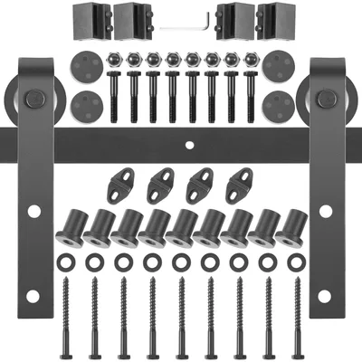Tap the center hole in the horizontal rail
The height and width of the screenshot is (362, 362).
point(188,142)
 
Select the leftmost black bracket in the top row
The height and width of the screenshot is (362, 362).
point(89,21)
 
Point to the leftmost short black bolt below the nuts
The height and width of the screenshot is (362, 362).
point(114,95)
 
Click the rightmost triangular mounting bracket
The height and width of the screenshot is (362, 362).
point(237,186)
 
